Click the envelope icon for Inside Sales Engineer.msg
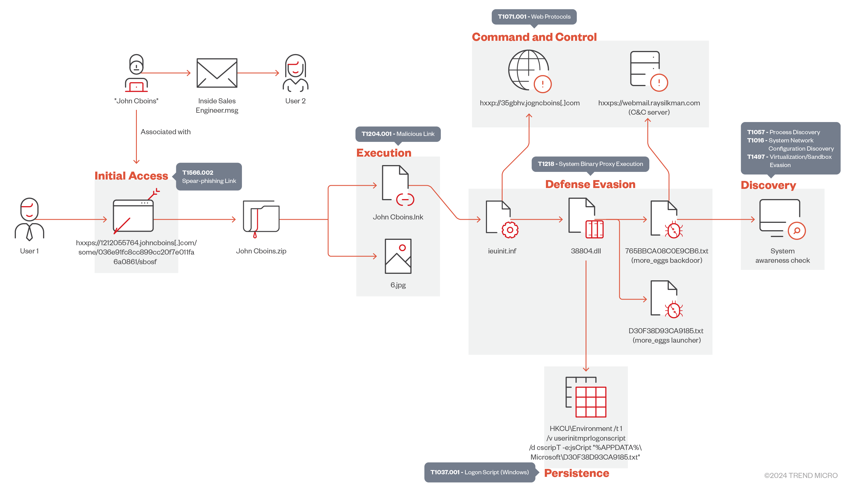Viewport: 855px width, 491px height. (x=217, y=73)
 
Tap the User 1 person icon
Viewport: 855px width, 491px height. (x=29, y=219)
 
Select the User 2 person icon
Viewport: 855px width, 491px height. (x=295, y=73)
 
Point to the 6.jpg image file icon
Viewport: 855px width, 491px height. (x=398, y=256)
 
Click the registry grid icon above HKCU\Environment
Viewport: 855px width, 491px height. (x=586, y=397)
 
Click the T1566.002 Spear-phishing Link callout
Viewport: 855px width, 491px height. (x=209, y=177)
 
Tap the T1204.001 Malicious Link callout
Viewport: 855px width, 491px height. (x=398, y=134)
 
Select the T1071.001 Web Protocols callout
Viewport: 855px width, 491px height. (x=534, y=16)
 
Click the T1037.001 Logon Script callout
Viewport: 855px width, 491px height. (x=479, y=472)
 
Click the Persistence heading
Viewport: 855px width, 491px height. (x=577, y=473)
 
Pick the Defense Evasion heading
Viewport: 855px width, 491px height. (x=590, y=184)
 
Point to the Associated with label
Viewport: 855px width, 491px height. (x=166, y=132)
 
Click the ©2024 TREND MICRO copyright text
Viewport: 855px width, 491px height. (x=801, y=475)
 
